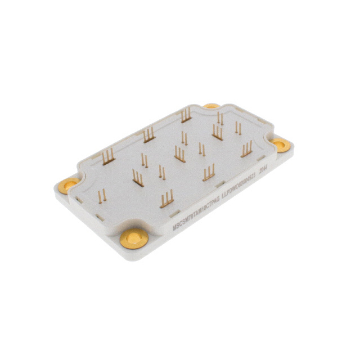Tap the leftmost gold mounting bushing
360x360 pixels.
[x=70, y=184]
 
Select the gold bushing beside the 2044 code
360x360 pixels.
[x=281, y=145]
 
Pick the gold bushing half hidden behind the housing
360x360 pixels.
[x=211, y=105]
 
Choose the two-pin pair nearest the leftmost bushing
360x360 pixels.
[x=102, y=196]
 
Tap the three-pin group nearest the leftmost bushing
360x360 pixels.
[x=108, y=157]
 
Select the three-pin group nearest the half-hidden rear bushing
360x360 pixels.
[x=186, y=116]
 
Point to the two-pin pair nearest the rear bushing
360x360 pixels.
[x=220, y=119]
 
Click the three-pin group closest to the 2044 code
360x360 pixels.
[x=246, y=150]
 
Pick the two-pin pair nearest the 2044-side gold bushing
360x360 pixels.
[x=238, y=129]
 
